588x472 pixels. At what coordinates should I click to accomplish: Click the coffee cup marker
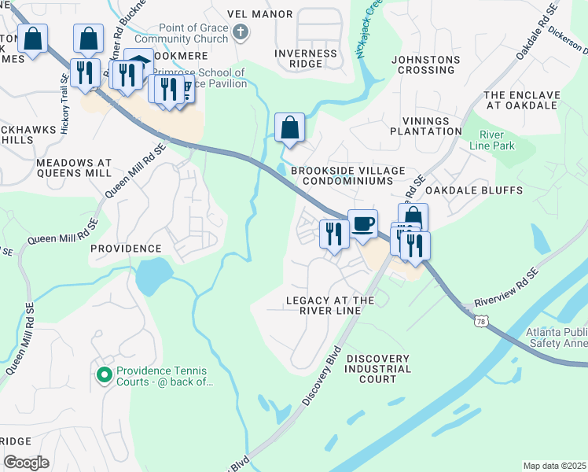tap(362, 224)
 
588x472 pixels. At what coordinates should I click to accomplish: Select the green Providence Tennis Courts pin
tap(103, 375)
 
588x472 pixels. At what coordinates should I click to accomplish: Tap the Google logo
tap(26, 463)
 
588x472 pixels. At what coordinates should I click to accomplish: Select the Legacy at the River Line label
tap(329, 305)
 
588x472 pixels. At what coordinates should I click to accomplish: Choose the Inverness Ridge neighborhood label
tap(306, 59)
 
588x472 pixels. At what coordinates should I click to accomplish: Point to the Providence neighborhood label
tap(125, 248)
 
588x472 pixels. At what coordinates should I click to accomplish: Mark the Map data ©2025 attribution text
tap(553, 466)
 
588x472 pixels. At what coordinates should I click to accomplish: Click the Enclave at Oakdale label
tap(522, 100)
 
